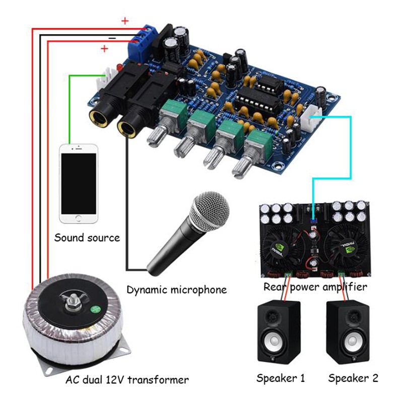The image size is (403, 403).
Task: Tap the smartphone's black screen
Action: (x=78, y=182)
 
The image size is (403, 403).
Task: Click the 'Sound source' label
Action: (x=87, y=237)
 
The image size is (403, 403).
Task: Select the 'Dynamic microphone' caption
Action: (x=176, y=290)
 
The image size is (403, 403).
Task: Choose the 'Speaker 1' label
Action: (x=281, y=378)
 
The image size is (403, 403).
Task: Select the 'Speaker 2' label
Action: (x=353, y=378)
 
